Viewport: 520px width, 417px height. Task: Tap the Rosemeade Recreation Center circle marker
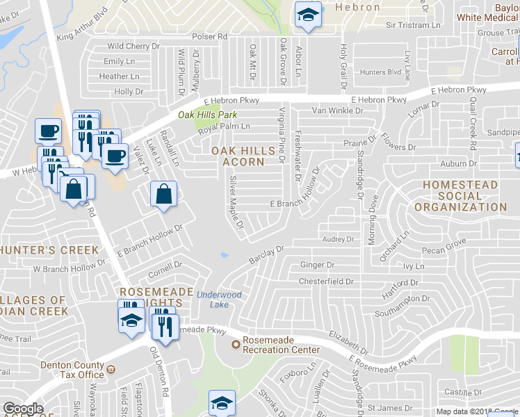[x=236, y=344]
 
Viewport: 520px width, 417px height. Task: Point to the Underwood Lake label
[x=219, y=300]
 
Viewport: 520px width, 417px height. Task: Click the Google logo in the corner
[x=23, y=409]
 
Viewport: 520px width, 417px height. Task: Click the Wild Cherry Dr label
[x=133, y=47]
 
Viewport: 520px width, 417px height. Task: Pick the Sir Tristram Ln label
[x=414, y=25]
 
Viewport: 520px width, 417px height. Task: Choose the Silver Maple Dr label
[x=236, y=202]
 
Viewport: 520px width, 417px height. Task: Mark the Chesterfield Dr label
[x=327, y=281]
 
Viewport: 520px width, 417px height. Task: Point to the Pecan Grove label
[x=444, y=247]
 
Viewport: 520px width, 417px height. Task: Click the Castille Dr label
[x=463, y=393]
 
